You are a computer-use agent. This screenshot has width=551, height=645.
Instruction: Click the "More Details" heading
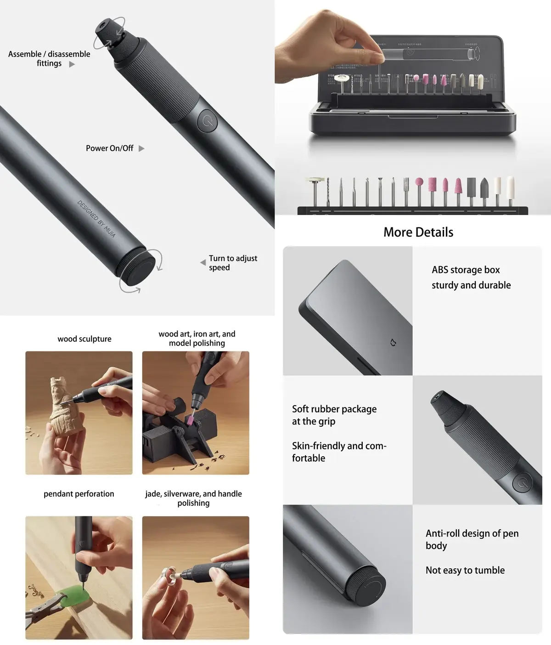(x=418, y=232)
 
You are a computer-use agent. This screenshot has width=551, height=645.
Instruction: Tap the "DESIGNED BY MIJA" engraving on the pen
(x=96, y=219)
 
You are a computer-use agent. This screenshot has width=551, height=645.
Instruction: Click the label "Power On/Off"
(x=109, y=148)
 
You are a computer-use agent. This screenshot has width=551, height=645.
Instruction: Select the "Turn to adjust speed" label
(x=232, y=263)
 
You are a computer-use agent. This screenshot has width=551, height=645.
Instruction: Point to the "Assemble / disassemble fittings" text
(x=49, y=59)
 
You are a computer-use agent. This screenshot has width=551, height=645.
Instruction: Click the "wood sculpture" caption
(x=84, y=339)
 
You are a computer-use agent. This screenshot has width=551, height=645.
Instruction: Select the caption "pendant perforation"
(x=79, y=494)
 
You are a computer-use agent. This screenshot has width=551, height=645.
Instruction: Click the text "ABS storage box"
(x=466, y=270)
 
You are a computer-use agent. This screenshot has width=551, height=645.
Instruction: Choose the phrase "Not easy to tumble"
(x=465, y=570)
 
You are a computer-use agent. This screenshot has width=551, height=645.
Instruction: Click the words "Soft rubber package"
(x=334, y=409)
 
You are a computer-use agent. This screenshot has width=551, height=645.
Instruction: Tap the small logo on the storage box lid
(x=393, y=343)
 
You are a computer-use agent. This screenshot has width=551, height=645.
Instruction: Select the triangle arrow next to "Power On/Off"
(x=141, y=148)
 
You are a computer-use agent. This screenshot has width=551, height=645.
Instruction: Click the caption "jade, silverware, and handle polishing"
(x=193, y=498)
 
